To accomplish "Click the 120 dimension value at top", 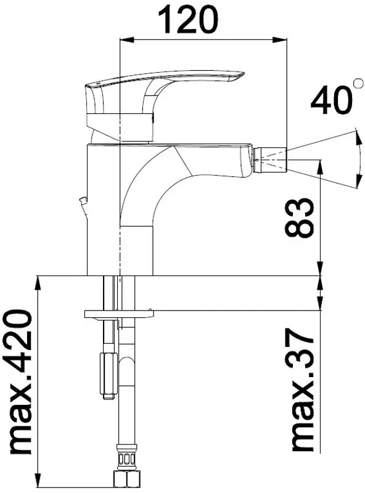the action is (x=187, y=20).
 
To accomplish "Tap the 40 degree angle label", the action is (x=329, y=100).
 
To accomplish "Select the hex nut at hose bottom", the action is (x=126, y=479).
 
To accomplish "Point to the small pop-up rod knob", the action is (x=83, y=199).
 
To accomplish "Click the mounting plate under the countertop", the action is (x=119, y=314).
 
